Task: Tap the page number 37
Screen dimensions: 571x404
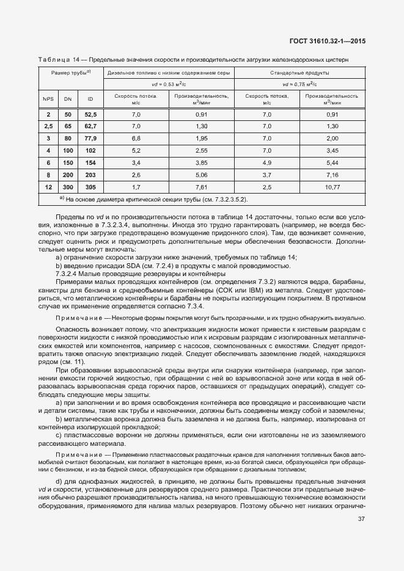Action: [x=361, y=520]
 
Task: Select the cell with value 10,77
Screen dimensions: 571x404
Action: [x=332, y=186]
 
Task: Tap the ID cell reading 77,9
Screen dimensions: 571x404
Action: [x=90, y=139]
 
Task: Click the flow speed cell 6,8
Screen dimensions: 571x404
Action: [x=136, y=139]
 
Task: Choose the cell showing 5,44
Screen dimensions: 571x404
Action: [x=332, y=162]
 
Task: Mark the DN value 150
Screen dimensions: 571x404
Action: [x=68, y=162]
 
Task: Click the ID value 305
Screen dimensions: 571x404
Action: [x=90, y=186]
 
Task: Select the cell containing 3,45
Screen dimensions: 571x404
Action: [x=332, y=150]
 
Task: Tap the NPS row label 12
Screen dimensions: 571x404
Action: [x=48, y=186]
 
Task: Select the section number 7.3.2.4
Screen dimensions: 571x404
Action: [x=69, y=274]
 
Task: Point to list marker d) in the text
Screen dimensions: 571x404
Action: [x=59, y=482]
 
